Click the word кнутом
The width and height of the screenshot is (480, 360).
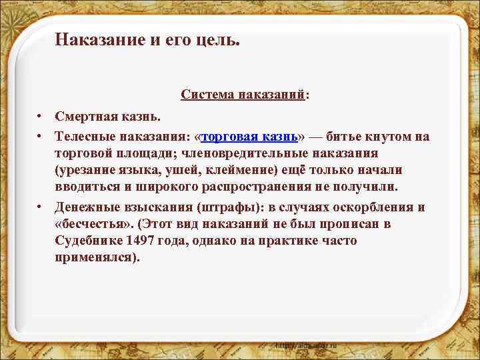tap(387, 137)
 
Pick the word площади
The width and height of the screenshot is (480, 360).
tap(139, 153)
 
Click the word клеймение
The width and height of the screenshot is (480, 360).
tap(236, 170)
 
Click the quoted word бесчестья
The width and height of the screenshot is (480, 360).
tap(89, 223)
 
